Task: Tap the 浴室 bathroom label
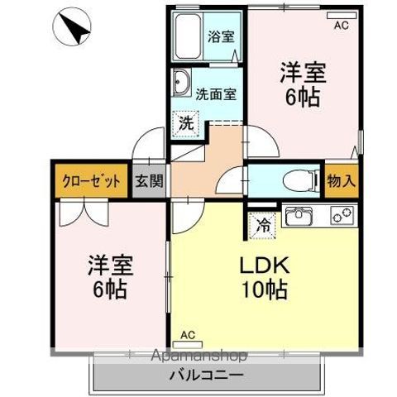point(220,36)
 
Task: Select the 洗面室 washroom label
point(217,93)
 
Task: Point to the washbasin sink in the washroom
point(183,82)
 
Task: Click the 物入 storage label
point(342,179)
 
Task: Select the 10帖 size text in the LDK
point(265,291)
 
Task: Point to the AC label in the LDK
point(189,334)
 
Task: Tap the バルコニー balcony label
point(207,375)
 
